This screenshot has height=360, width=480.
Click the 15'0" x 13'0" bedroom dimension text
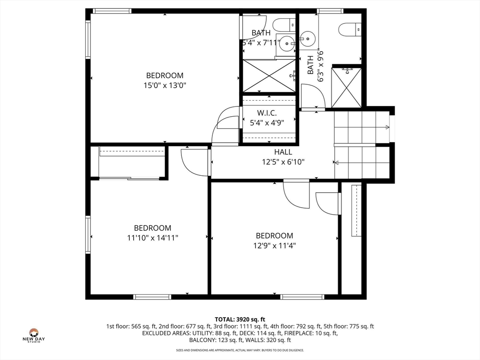[165, 85]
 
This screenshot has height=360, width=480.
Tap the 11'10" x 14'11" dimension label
[153, 238]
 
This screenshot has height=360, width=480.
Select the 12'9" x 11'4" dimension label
[275, 246]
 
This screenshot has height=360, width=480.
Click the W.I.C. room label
[267, 113]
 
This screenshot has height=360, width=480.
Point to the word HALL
[283, 152]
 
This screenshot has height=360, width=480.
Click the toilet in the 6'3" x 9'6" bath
[350, 30]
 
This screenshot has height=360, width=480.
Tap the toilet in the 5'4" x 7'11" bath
[284, 25]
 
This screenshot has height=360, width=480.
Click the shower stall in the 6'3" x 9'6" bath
[346, 88]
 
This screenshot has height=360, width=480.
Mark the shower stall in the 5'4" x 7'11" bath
[269, 76]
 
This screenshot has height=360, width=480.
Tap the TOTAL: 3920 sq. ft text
[240, 320]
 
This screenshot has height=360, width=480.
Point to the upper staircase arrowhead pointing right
[388, 127]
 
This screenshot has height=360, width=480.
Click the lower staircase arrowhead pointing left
[337, 162]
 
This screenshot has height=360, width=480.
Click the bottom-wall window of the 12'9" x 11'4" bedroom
[302, 297]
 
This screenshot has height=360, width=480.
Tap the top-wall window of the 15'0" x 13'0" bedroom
[112, 11]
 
